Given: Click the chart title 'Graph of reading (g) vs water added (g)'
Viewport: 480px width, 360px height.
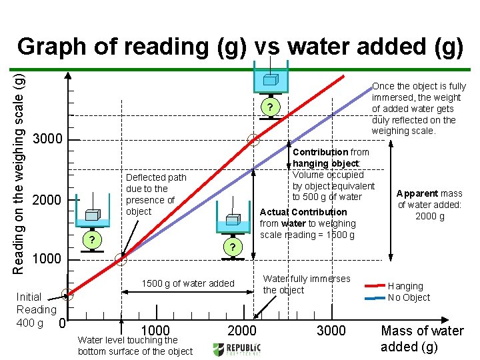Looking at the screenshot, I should click(240, 46).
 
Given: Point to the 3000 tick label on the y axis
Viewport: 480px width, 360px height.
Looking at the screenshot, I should click(47, 140).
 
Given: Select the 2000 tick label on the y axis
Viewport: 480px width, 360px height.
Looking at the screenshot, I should click(47, 200).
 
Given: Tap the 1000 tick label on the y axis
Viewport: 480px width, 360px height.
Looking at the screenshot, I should click(47, 259).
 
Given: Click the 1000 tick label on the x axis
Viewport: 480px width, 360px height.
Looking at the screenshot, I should click(155, 331).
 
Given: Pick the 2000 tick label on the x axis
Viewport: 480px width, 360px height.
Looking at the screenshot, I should click(242, 331).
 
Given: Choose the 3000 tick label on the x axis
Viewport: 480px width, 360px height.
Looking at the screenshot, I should click(331, 331).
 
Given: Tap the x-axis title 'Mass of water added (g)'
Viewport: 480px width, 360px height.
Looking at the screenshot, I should click(422, 338).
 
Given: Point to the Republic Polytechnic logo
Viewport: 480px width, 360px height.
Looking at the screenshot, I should click(237, 349).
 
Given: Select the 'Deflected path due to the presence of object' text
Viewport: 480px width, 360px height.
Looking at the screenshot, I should click(156, 194).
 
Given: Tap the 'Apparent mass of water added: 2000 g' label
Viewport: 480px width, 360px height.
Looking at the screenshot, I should click(430, 205).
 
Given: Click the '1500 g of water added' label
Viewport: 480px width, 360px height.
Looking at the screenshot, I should click(187, 283).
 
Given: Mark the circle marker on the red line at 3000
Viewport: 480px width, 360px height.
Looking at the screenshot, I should click(253, 140).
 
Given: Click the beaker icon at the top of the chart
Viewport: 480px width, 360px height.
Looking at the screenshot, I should click(271, 78).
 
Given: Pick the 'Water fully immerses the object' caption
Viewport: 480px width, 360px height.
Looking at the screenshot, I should click(306, 284).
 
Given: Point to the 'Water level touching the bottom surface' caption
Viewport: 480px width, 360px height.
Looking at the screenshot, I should click(135, 346).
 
